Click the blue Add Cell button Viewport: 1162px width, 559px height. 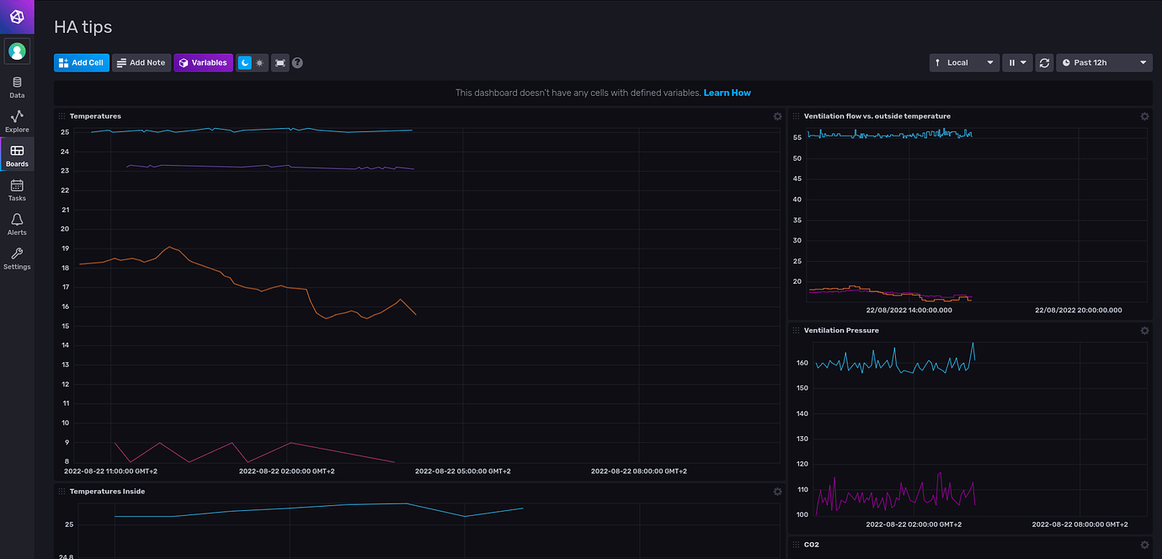tap(82, 63)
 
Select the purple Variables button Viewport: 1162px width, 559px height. tap(203, 63)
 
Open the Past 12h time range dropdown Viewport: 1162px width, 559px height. tap(1104, 63)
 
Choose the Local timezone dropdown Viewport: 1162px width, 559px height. tap(964, 63)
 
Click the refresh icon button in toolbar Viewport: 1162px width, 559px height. tap(1044, 63)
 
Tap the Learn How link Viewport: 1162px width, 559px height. tap(727, 93)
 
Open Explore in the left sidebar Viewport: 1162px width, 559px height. tap(17, 121)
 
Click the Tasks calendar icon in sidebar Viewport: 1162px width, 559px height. tap(17, 190)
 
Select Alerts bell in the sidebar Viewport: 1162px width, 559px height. tap(17, 224)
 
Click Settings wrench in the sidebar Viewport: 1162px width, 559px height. tap(17, 258)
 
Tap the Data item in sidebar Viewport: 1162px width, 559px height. tap(17, 87)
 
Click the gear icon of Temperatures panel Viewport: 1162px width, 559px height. tap(777, 116)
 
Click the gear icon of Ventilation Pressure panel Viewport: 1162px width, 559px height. tap(1144, 331)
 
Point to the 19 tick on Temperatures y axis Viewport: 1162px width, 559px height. tap(65, 248)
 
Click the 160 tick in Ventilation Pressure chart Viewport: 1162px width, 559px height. tap(802, 364)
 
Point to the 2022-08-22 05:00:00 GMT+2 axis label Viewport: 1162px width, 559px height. tap(462, 471)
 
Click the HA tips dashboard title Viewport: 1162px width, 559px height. tap(83, 28)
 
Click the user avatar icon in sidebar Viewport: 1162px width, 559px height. tap(17, 51)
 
